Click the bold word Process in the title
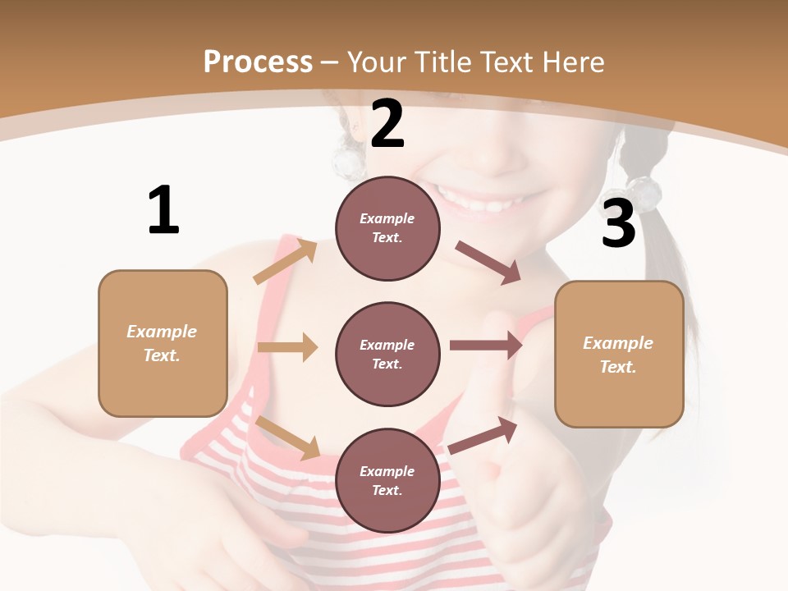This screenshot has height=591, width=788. tap(258, 62)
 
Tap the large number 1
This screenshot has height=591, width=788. tap(163, 210)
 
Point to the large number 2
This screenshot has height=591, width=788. tap(387, 124)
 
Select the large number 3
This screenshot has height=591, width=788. tap(618, 224)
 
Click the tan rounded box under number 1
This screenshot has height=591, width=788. tap(163, 343)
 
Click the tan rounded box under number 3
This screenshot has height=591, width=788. tap(619, 354)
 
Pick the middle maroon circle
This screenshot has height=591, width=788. tap(387, 354)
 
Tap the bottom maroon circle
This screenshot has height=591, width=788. tap(387, 480)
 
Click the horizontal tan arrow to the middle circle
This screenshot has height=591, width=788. tap(287, 347)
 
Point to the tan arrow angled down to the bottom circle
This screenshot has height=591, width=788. tap(288, 437)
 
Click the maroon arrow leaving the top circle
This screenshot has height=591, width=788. tap(488, 263)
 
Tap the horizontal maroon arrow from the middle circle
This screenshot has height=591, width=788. tap(486, 345)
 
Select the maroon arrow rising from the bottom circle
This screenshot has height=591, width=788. tap(483, 435)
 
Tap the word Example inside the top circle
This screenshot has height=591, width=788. tap(387, 218)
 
